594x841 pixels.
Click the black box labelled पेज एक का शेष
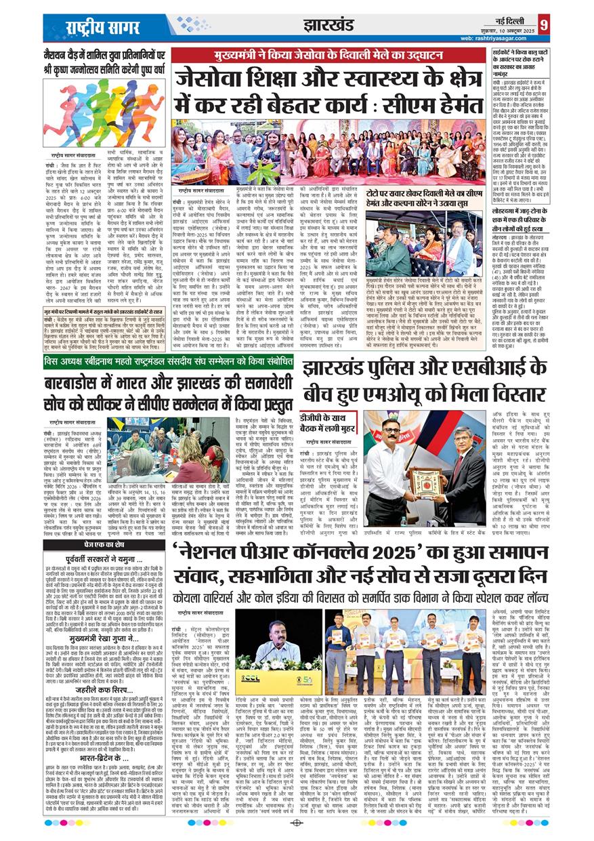click(95, 544)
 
